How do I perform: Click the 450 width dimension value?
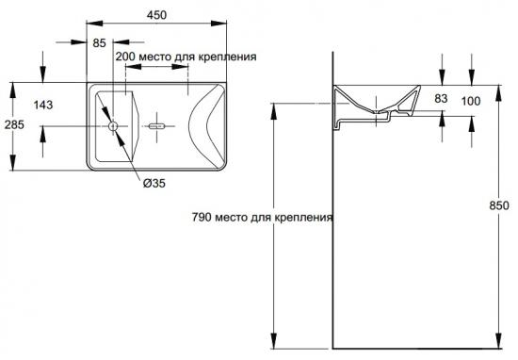pos(156,15)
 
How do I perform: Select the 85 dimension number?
pos(99,43)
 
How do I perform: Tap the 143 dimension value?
pos(43,106)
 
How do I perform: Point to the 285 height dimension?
pos(14,124)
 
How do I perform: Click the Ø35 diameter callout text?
pos(154,183)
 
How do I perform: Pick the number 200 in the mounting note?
pos(125,57)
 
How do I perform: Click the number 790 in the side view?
pos(202,217)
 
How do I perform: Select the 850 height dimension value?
pos(499,205)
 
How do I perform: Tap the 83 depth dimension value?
pos(441,98)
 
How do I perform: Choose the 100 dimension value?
pos(471,101)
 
